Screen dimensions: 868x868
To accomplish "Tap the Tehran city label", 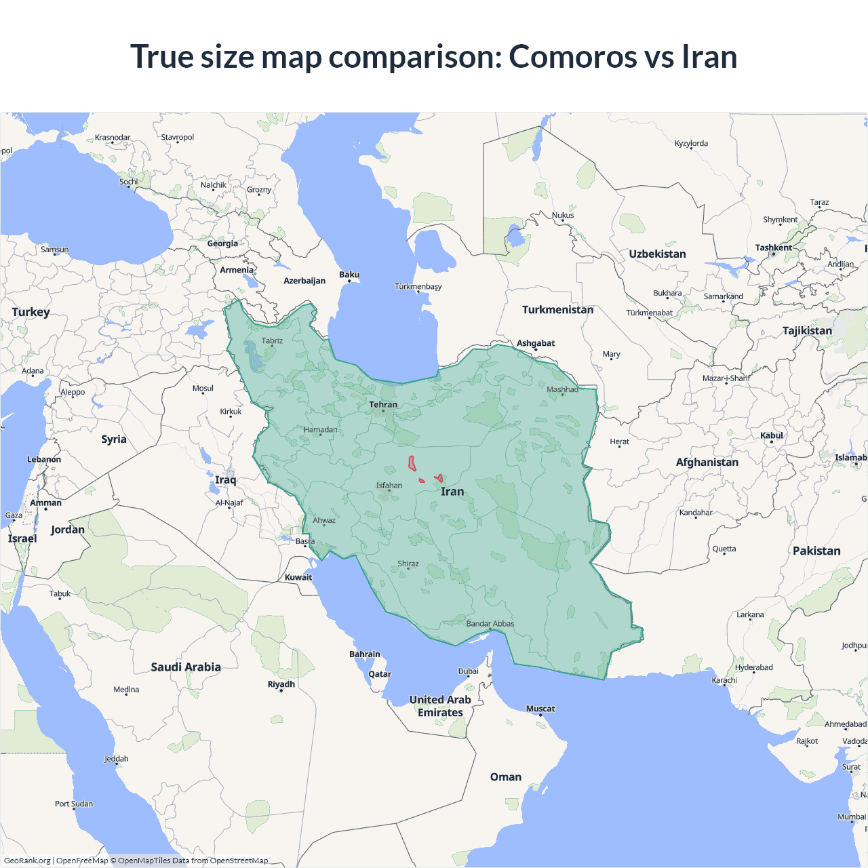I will pos(383,405).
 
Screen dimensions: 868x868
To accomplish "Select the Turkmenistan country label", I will pos(557,310).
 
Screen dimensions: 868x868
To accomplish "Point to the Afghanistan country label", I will pos(707,462).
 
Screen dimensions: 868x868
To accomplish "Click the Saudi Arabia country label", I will pos(186,667).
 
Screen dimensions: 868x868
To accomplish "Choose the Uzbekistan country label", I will pos(657,254).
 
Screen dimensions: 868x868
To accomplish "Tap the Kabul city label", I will pos(772,435).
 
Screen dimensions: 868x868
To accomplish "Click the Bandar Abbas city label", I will pos(490,624).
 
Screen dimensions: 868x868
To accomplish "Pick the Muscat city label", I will pos(540,709).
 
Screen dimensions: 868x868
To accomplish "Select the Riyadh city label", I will pos(281,684).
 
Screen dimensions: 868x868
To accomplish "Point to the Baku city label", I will pos(349,275).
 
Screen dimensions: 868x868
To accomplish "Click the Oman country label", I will pos(506,777).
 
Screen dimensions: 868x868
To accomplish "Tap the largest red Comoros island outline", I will pos(412,464).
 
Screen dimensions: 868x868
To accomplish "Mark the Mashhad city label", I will pos(562,389).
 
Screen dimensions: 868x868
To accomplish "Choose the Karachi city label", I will pos(724,680).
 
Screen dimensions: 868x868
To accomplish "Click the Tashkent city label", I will pos(773,248).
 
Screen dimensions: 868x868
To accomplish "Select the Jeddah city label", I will pos(117,759).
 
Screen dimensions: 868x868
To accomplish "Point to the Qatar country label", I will pos(380,674).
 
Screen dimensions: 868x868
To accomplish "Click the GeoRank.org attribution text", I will pos(27,861).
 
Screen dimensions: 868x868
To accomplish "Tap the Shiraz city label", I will pos(408,564).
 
